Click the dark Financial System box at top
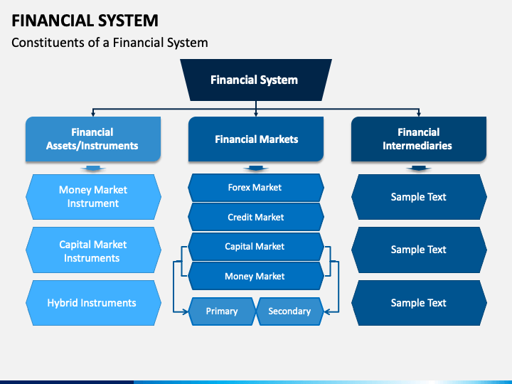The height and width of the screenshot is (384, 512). click(x=256, y=80)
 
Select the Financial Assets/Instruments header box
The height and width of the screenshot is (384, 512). click(x=93, y=139)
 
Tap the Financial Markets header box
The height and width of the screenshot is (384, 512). click(x=256, y=139)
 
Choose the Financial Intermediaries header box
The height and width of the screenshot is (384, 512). click(x=419, y=139)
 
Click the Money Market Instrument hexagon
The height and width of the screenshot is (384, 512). click(x=93, y=196)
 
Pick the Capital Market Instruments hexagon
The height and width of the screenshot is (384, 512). click(x=93, y=250)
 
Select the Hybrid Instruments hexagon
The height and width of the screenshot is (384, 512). click(x=93, y=303)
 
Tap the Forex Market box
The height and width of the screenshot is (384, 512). click(x=256, y=188)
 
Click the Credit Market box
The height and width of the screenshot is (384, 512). click(x=256, y=217)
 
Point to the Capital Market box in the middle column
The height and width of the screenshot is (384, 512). click(x=256, y=247)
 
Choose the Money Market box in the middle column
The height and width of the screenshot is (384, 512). click(x=256, y=276)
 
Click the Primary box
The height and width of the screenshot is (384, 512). click(x=222, y=311)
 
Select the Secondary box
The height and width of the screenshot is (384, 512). click(x=290, y=311)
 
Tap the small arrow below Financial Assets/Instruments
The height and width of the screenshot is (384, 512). click(x=93, y=168)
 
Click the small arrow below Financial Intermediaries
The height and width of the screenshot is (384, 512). click(x=419, y=168)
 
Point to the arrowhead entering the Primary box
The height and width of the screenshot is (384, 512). click(x=186, y=312)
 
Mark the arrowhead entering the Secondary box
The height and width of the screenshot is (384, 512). click(x=327, y=312)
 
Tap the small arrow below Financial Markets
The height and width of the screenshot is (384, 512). click(x=256, y=168)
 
